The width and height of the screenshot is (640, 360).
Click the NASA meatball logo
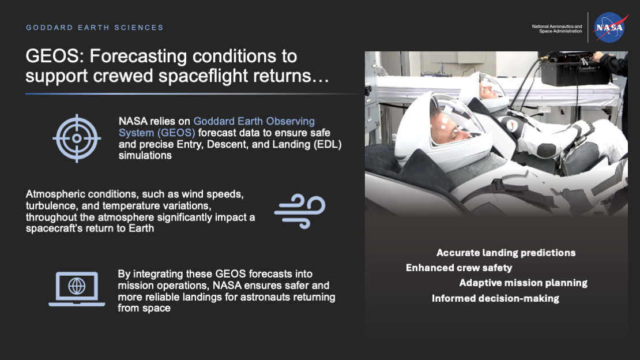[x=611, y=28]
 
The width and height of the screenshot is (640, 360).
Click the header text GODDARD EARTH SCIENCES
[x=95, y=28]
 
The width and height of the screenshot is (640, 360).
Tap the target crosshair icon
[x=77, y=138]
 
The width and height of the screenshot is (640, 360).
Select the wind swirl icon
[x=299, y=211]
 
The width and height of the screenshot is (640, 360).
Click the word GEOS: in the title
[x=55, y=57]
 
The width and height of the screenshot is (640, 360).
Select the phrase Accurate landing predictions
[x=506, y=253]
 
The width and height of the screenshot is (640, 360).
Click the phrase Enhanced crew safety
[x=458, y=268]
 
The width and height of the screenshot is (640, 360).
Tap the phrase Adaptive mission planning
[x=523, y=283]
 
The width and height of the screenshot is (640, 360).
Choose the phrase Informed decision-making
[x=495, y=298]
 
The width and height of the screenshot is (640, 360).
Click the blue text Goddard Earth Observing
[x=254, y=121]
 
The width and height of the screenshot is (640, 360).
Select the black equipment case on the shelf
[x=567, y=69]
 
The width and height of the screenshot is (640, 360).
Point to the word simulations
[x=145, y=155]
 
